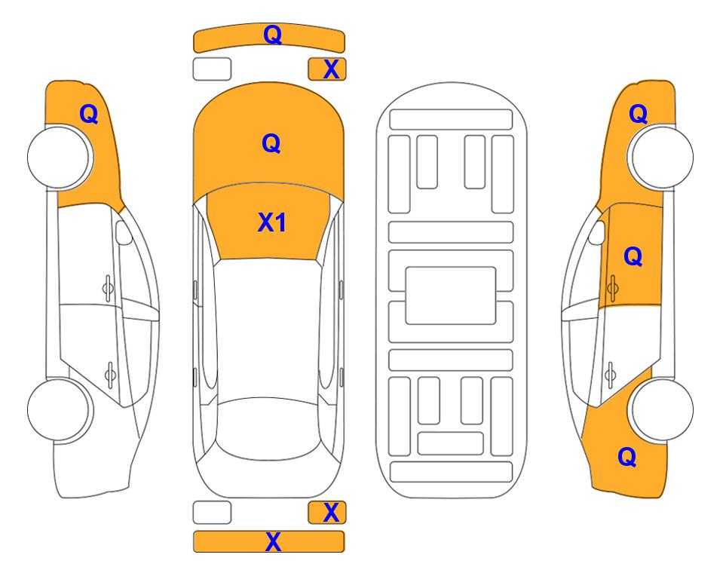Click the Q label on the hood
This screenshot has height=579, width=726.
click(x=271, y=142)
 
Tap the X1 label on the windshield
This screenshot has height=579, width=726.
click(x=271, y=222)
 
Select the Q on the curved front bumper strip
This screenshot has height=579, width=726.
click(x=271, y=35)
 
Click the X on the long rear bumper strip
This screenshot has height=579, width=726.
click(x=273, y=541)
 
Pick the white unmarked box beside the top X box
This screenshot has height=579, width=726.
click(x=212, y=69)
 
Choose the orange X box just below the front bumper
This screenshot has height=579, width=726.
click(x=327, y=69)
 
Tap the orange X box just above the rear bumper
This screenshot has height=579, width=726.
click(x=327, y=513)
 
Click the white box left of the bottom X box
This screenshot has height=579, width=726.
click(x=212, y=513)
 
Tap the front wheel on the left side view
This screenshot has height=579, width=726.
click(x=60, y=157)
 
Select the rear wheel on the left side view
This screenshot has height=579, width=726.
click(x=60, y=409)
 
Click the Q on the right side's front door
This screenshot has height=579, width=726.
click(x=633, y=257)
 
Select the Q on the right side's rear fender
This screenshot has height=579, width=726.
click(x=626, y=456)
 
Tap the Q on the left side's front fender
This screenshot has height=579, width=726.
click(x=89, y=114)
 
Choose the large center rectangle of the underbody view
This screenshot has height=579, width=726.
click(x=451, y=295)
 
